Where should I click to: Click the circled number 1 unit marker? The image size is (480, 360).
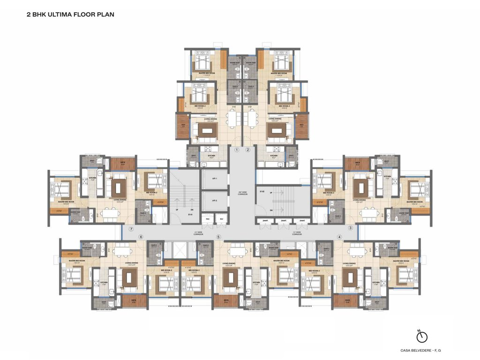pos(237,150)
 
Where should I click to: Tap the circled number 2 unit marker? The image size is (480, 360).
pos(248,150)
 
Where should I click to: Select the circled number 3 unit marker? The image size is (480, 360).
pos(350,228)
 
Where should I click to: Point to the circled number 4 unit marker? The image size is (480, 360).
pos(339,237)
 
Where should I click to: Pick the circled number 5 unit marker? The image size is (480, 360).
pos(218,237)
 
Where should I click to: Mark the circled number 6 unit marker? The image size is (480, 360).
pos(141,237)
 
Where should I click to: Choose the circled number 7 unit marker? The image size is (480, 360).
pos(132,229)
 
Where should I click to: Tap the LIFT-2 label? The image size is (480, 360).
pos(214,200)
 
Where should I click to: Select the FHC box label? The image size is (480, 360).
pos(207,219)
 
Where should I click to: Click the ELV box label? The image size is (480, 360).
pos(221,219)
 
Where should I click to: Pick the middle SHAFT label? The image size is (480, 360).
pos(283,221)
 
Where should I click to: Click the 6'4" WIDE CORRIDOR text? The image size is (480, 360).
pos(242,192)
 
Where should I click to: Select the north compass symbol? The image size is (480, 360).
pos(422,336)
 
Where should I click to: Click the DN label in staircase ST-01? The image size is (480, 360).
pos(192,209)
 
